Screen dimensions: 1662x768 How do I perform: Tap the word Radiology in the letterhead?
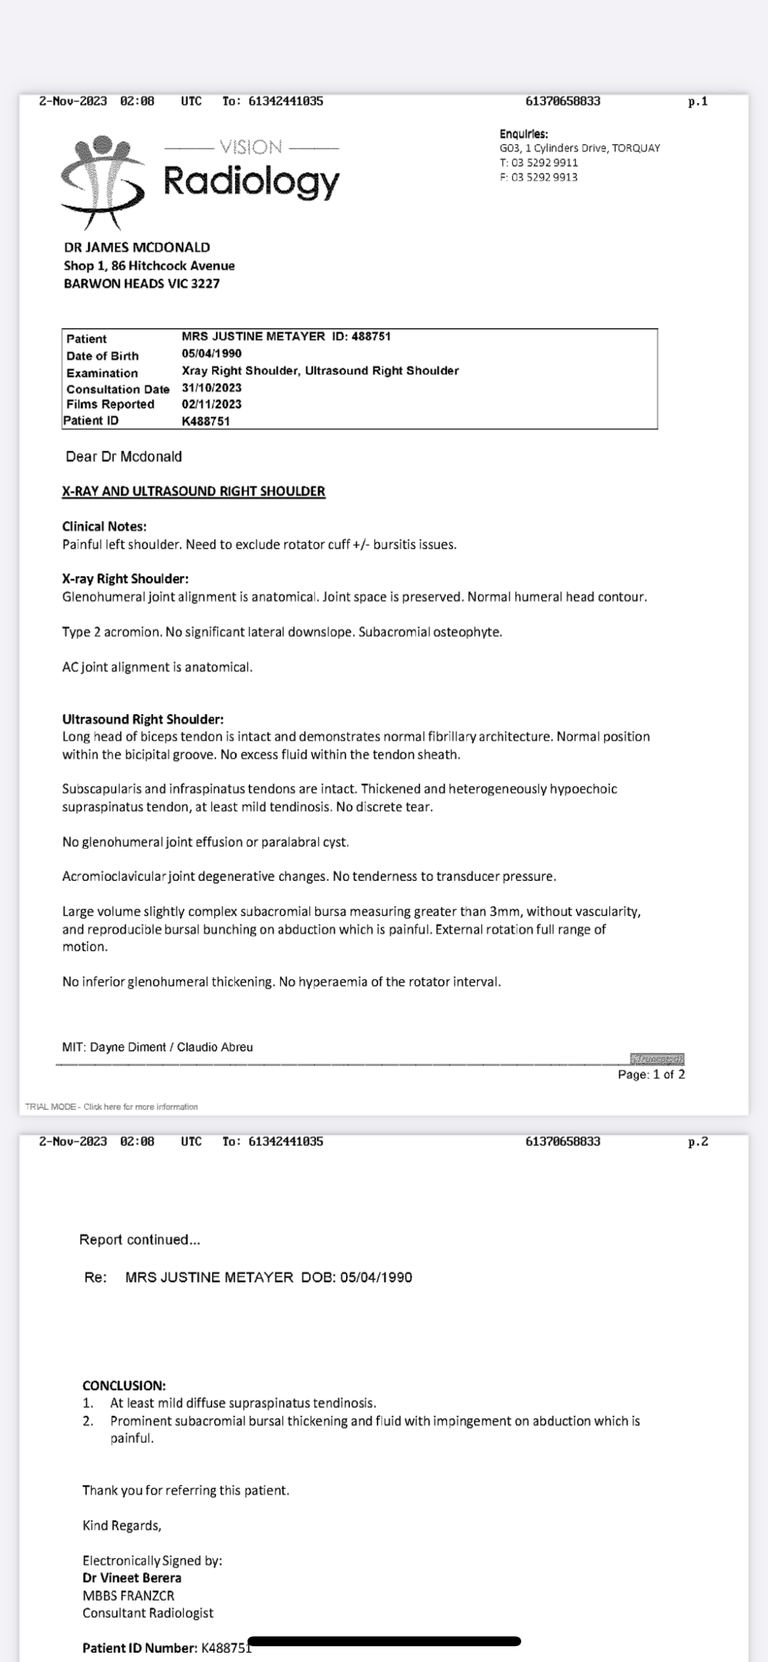click(x=251, y=181)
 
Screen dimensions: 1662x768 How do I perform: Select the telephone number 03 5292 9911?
click(x=544, y=163)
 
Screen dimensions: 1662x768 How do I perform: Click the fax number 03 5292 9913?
click(x=544, y=177)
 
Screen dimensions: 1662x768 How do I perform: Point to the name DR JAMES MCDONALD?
click(x=137, y=247)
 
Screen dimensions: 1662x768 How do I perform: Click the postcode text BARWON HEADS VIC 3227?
click(x=142, y=284)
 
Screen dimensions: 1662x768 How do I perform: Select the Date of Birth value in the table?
click(x=211, y=353)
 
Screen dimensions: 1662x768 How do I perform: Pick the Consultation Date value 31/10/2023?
click(x=211, y=388)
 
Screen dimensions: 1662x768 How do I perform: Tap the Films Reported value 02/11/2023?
click(x=211, y=404)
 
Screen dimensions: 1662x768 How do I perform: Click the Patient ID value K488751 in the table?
click(x=205, y=421)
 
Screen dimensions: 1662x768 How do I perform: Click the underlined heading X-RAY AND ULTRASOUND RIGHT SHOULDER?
click(x=194, y=492)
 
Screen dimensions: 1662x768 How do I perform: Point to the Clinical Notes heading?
click(x=104, y=526)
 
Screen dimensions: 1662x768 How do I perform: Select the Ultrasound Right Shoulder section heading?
click(x=143, y=719)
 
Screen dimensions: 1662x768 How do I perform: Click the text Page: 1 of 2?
click(x=651, y=1075)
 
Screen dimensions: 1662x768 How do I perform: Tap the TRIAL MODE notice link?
click(x=112, y=1107)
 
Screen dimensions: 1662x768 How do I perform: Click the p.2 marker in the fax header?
click(x=698, y=1141)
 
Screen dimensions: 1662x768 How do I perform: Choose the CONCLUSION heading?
click(x=124, y=1386)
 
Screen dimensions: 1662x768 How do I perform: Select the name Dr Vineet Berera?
click(x=132, y=1578)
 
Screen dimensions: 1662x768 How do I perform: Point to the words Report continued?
click(x=140, y=1240)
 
